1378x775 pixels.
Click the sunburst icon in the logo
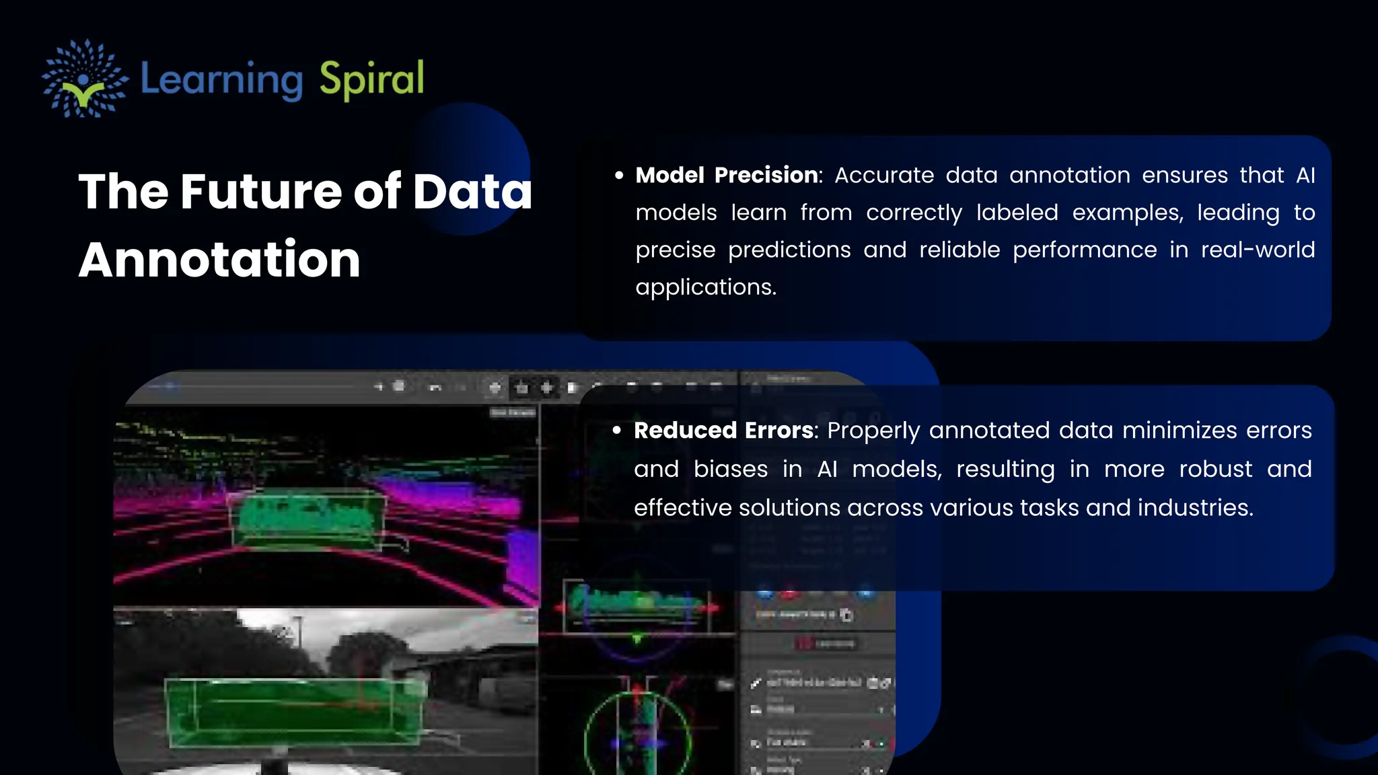pos(84,79)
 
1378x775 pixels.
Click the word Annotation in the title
pos(219,260)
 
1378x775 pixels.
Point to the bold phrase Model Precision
pos(727,175)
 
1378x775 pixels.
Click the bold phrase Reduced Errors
pos(723,431)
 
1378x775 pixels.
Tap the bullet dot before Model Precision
pos(619,176)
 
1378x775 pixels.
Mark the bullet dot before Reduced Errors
pos(617,431)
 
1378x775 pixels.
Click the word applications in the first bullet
pos(705,287)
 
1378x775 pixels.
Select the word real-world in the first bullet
pos(1258,250)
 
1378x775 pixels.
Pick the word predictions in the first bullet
pos(789,250)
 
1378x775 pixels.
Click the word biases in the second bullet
pos(731,469)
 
